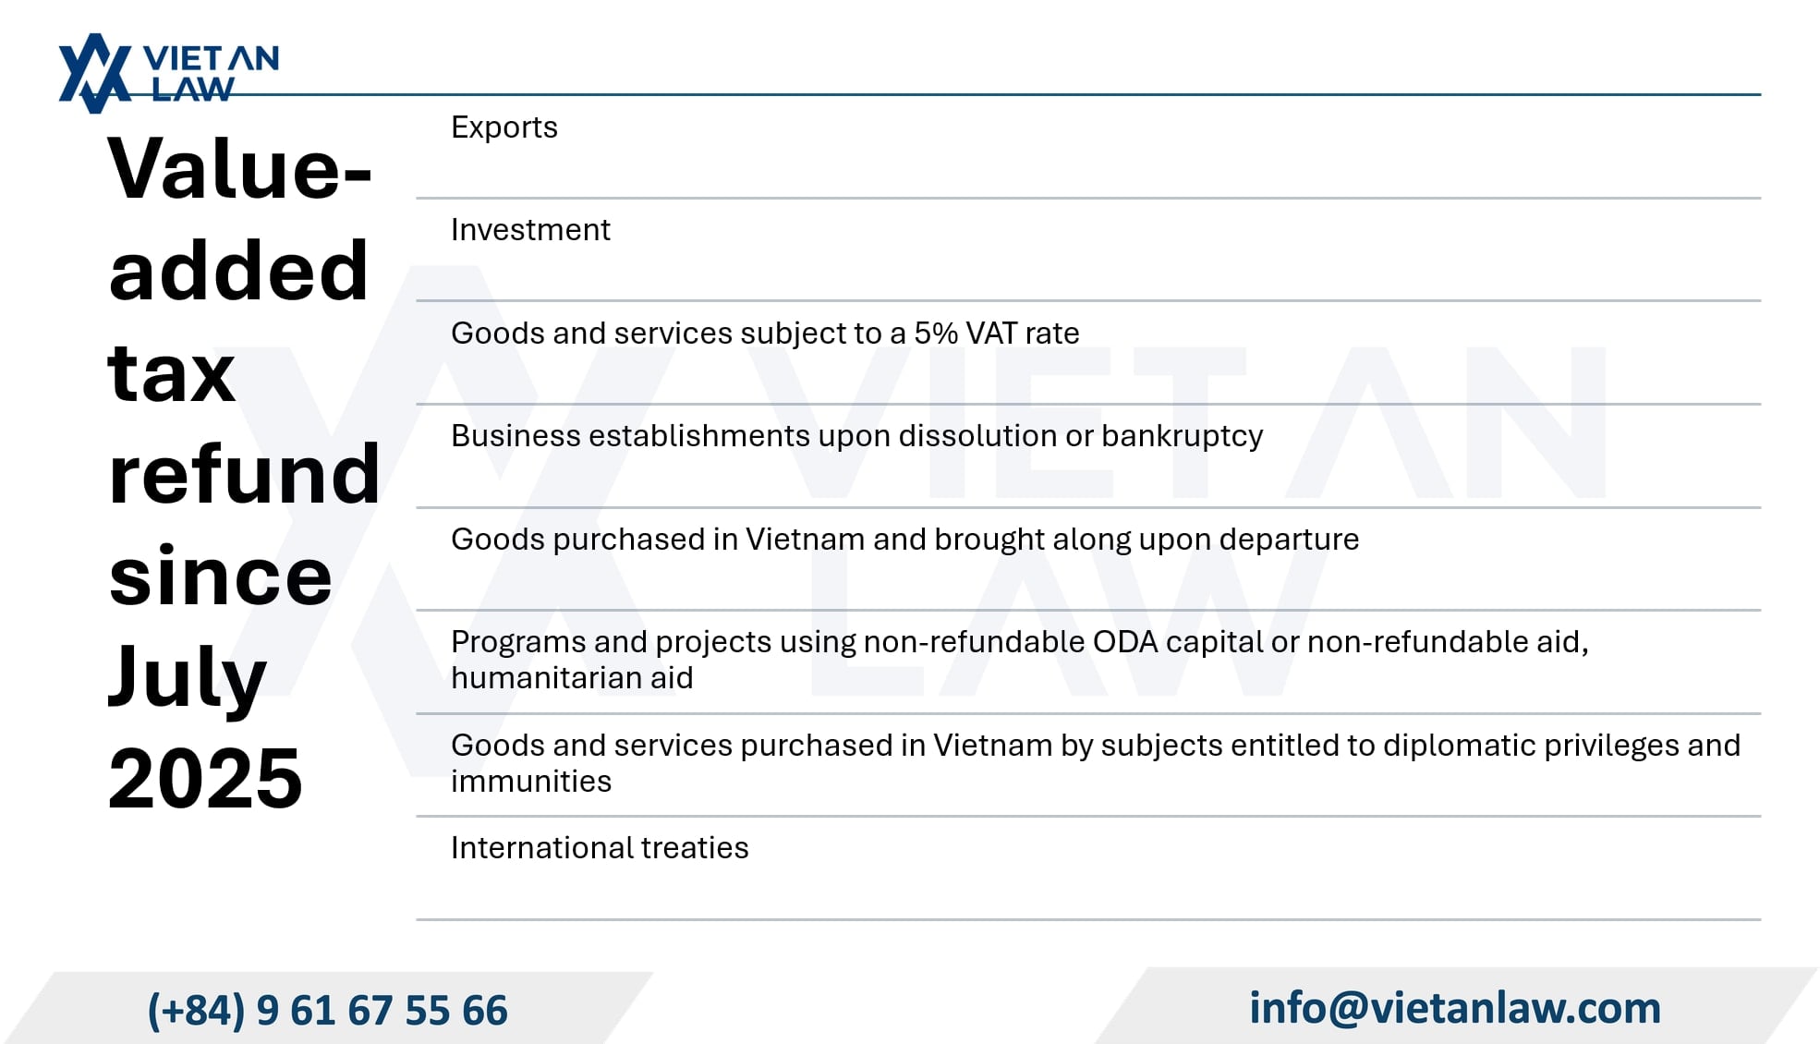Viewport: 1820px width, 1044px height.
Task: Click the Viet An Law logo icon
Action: (95, 73)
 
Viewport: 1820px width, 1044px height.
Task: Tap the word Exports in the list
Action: (504, 127)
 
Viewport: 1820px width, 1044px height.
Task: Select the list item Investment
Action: (530, 230)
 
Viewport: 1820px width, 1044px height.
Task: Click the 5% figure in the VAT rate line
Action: (936, 333)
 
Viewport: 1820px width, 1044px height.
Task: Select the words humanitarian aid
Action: (572, 678)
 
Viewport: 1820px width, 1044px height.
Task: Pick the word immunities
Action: (531, 782)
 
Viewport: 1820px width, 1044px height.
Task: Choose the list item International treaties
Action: (600, 848)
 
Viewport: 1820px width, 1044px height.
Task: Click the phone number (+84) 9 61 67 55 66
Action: (328, 1010)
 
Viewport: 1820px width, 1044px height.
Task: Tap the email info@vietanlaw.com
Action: (1455, 1008)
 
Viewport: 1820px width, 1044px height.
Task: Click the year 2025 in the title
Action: (205, 778)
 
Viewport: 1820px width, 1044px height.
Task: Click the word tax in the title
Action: (172, 373)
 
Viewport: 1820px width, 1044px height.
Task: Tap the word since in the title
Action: (220, 575)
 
